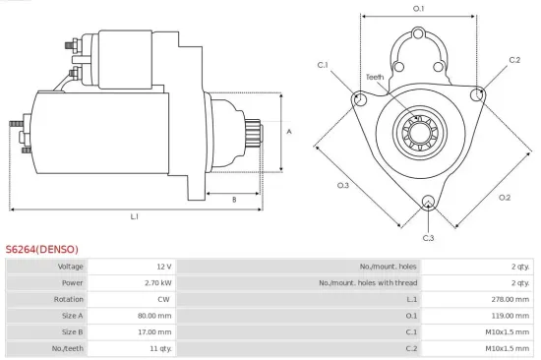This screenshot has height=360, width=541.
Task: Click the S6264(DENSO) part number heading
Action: (41, 249)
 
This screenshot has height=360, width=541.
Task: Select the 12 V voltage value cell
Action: (164, 267)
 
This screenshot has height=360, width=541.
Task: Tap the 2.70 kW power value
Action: (159, 283)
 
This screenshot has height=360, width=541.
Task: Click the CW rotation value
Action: (165, 300)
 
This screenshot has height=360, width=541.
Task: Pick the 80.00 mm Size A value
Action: (155, 316)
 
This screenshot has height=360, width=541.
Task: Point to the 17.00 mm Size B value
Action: (155, 332)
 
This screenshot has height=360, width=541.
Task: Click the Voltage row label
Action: (70, 267)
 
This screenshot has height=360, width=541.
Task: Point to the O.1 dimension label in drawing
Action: (418, 9)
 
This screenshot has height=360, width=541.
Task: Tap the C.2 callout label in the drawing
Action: (514, 60)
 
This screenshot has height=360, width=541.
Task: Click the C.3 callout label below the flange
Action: (428, 238)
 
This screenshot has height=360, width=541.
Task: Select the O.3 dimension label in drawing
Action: (343, 185)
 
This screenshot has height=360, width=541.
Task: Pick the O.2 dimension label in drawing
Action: (505, 197)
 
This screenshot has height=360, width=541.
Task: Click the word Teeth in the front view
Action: (375, 77)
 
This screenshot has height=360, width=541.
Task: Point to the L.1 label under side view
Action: (134, 215)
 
